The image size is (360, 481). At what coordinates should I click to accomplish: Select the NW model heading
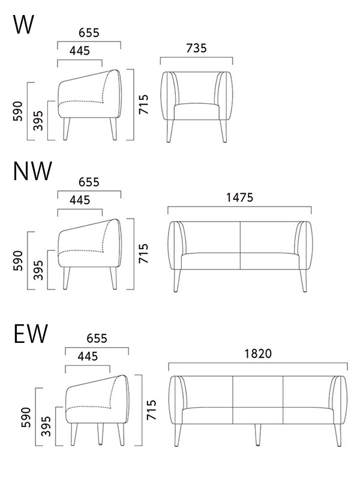tap(33, 171)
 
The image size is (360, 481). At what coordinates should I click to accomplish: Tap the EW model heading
tap(31, 333)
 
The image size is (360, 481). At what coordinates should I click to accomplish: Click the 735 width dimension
tap(196, 48)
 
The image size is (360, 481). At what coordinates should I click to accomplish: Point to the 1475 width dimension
tap(239, 198)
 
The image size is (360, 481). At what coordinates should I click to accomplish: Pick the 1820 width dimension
tap(258, 354)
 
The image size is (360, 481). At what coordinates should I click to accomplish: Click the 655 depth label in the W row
tap(89, 33)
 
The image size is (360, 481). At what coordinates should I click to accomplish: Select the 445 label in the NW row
tap(80, 201)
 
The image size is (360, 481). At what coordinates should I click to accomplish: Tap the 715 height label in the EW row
tap(151, 410)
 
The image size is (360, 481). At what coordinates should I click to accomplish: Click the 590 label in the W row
tap(18, 111)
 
